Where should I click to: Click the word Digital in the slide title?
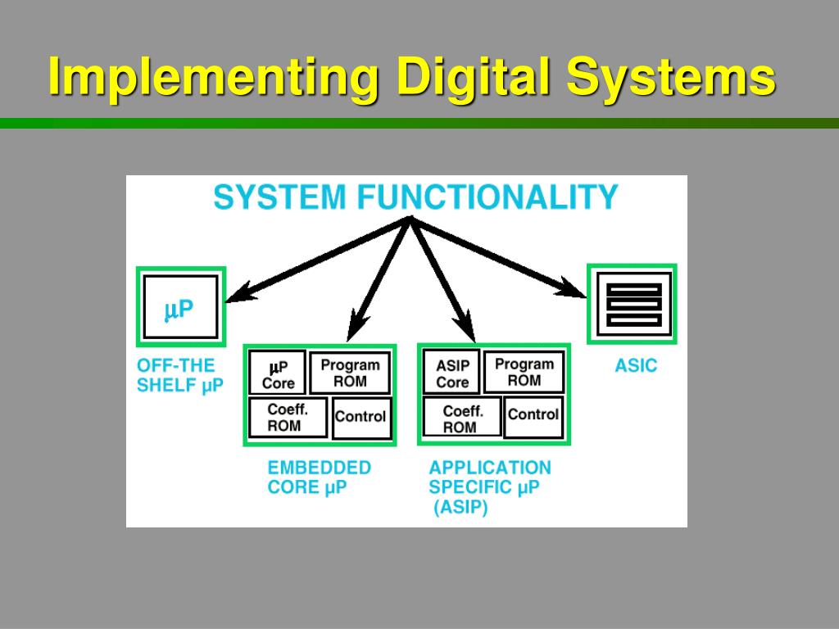pyautogui.click(x=474, y=79)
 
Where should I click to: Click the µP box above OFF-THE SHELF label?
pyautogui.click(x=180, y=308)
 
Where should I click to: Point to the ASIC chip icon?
pyautogui.click(x=632, y=303)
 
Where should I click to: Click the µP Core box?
pyautogui.click(x=278, y=373)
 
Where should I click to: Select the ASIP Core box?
pyautogui.click(x=451, y=373)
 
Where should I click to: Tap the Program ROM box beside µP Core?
pyautogui.click(x=350, y=373)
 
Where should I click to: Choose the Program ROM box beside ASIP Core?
pyautogui.click(x=524, y=372)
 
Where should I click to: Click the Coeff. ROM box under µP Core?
pyautogui.click(x=286, y=418)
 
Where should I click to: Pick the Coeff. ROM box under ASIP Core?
pyautogui.click(x=460, y=419)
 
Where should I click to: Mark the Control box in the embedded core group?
pyautogui.click(x=361, y=417)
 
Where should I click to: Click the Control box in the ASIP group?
pyautogui.click(x=533, y=415)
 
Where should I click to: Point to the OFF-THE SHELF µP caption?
pyautogui.click(x=179, y=376)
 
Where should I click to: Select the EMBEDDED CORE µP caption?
pyautogui.click(x=319, y=477)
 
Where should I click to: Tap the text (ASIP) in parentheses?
pyautogui.click(x=460, y=508)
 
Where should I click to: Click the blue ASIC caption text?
pyautogui.click(x=636, y=366)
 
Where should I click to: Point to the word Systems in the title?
pyautogui.click(x=669, y=79)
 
